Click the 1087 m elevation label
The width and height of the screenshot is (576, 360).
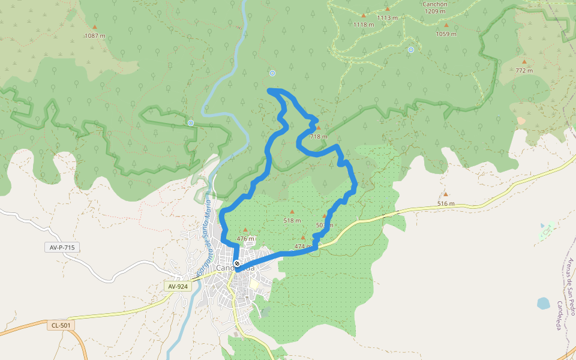[x=95, y=35]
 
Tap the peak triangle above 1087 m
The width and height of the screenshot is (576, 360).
[x=94, y=27]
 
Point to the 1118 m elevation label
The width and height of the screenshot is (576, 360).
[x=364, y=25]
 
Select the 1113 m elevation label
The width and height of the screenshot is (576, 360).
[x=388, y=18]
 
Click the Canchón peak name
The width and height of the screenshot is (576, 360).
[x=435, y=3]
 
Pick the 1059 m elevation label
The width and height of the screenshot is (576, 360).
[x=446, y=34]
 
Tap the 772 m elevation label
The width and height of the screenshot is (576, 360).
[x=524, y=70]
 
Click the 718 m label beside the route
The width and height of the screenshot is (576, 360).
[x=319, y=136]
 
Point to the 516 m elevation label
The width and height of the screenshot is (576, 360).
[x=446, y=203]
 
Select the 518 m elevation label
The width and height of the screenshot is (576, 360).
[x=292, y=220]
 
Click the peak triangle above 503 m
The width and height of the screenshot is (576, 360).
[x=325, y=217]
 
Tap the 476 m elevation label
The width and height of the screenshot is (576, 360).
[x=245, y=238]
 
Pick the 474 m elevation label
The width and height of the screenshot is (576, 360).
[x=303, y=246]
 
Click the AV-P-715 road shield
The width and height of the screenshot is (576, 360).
[x=62, y=247]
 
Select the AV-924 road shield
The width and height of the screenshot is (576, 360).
[x=178, y=287]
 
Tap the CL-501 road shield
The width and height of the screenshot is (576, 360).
[x=61, y=325]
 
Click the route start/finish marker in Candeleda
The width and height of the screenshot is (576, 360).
[x=237, y=263]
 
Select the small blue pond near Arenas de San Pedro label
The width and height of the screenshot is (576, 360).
[x=543, y=303]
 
